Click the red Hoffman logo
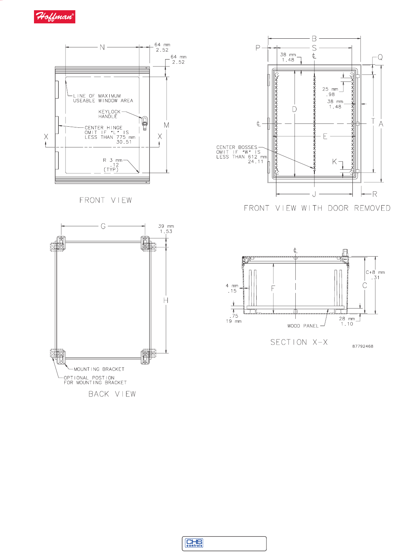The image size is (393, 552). [54, 17]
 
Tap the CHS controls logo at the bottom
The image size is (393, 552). [194, 543]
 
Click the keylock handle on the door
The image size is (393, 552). [145, 123]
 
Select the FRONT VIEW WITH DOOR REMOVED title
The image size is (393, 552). [317, 208]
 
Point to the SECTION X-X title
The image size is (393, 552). [299, 342]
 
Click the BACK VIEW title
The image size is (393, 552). [112, 394]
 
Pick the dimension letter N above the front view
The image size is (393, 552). [102, 47]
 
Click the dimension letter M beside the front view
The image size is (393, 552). [167, 125]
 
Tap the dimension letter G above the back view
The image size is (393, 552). [103, 226]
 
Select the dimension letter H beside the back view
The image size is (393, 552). [166, 300]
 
